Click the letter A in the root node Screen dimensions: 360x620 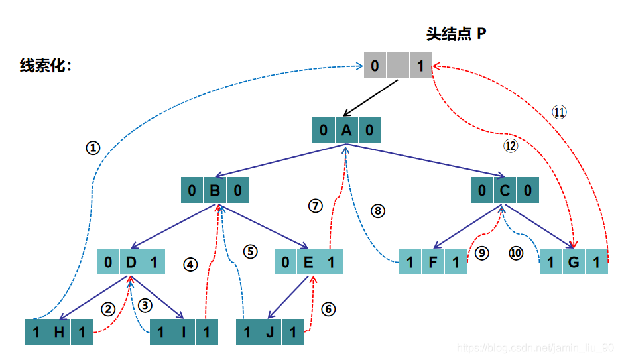[346, 130]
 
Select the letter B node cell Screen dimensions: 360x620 [215, 192]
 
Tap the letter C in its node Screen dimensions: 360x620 [505, 192]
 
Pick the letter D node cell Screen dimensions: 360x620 [131, 263]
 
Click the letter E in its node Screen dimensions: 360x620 [308, 263]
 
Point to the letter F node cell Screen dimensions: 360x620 [433, 263]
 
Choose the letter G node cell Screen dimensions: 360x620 [574, 263]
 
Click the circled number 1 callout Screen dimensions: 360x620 [93, 149]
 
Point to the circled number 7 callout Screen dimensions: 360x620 [315, 206]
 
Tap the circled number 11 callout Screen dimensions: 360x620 [560, 112]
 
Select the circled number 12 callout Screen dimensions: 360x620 [510, 147]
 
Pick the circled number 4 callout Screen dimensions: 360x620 [191, 264]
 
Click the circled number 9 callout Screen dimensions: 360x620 [482, 253]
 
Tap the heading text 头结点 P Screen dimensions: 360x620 [456, 34]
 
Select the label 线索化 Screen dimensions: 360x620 [45, 66]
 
